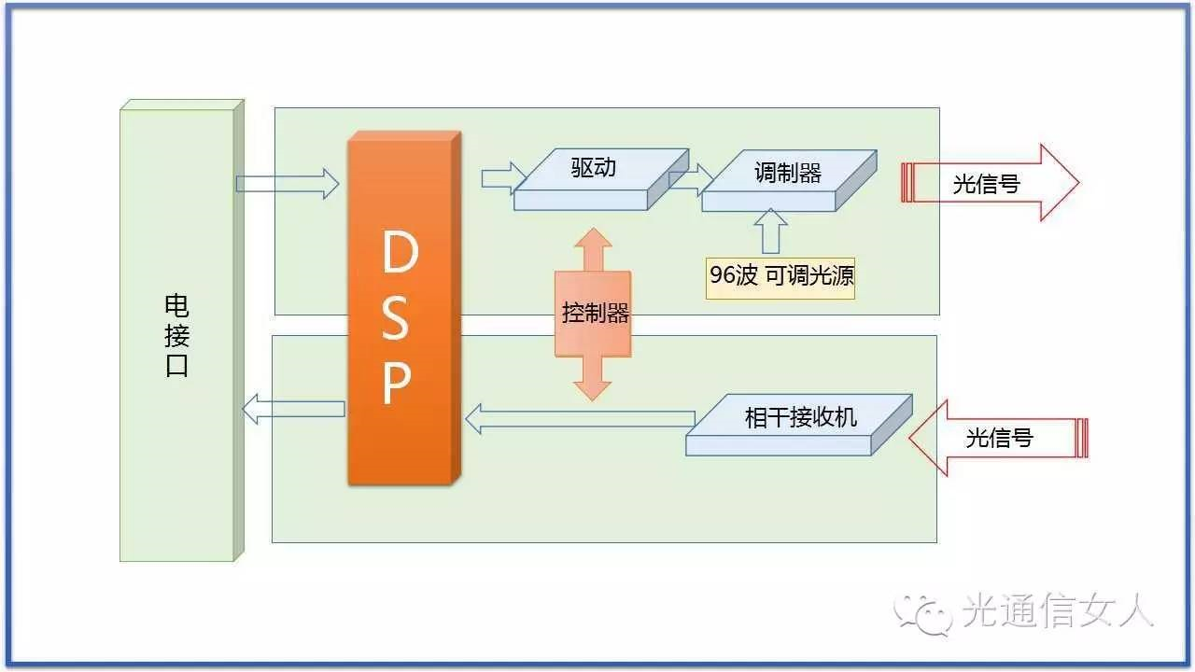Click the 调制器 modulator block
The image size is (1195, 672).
[x=787, y=175]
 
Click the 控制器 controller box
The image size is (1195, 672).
[x=594, y=314]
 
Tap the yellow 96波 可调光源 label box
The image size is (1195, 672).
[x=780, y=276]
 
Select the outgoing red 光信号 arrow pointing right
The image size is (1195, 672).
[x=990, y=183]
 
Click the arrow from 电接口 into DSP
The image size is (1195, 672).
[x=288, y=183]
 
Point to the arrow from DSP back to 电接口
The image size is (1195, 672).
[x=293, y=409]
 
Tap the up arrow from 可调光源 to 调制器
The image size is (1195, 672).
[x=771, y=231]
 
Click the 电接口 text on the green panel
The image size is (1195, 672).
[x=176, y=335]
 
